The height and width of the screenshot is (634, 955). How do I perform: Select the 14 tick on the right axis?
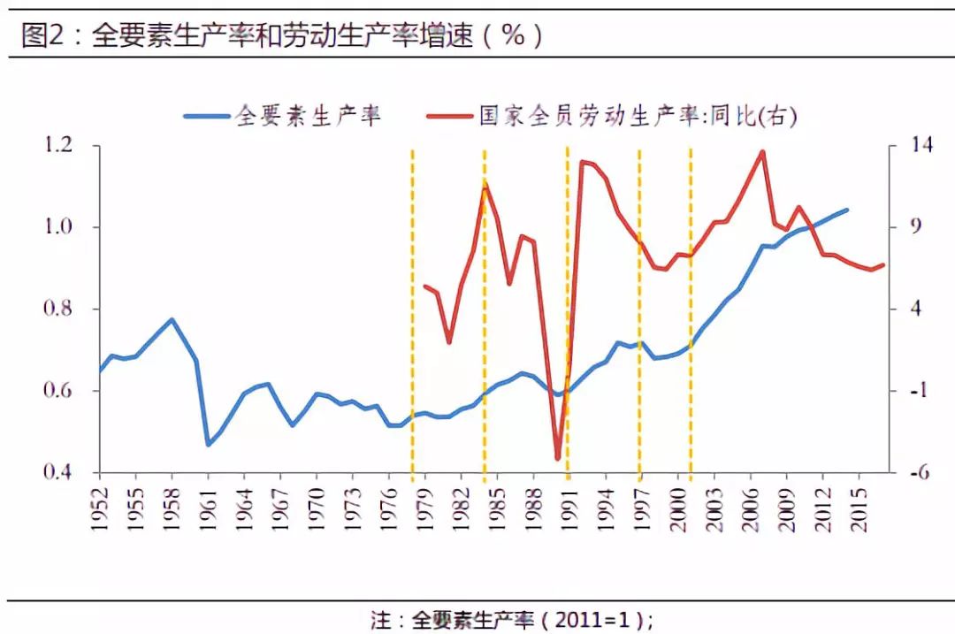click(911, 146)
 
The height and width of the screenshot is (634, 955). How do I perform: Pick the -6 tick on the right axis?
click(911, 473)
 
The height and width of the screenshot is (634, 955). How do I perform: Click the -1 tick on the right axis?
click(911, 392)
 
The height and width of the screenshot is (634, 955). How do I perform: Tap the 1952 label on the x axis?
click(100, 508)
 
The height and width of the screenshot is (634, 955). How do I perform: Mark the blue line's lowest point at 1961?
click(209, 444)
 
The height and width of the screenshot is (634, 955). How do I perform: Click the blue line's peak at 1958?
click(172, 319)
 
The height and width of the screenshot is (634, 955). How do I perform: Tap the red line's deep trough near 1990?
click(558, 459)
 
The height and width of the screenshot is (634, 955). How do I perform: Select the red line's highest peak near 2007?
click(762, 151)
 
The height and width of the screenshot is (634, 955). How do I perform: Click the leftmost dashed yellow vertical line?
click(412, 309)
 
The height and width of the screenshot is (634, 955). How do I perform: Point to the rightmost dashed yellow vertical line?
click(691, 309)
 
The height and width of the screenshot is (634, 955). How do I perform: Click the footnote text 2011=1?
click(594, 620)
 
